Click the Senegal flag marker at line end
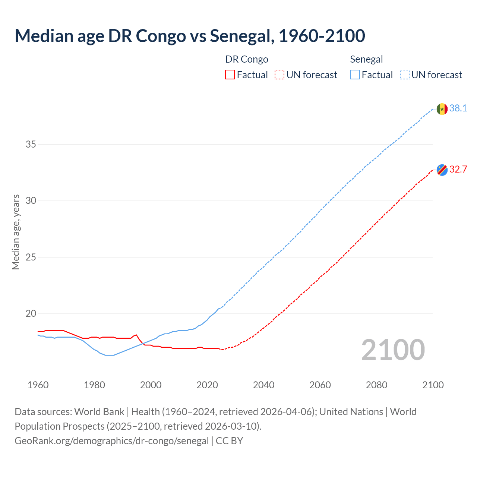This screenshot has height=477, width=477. [x=442, y=109]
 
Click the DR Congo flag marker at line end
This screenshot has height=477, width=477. [x=442, y=170]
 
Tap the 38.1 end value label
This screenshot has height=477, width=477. [x=458, y=108]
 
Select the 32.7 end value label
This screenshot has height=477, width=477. [x=458, y=170]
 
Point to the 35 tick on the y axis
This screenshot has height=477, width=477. [x=31, y=144]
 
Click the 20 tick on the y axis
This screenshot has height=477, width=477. [x=31, y=313]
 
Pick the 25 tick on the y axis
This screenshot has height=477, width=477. [x=31, y=257]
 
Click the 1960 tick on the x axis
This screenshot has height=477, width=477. [x=38, y=385]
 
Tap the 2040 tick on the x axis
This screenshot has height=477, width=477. [x=263, y=385]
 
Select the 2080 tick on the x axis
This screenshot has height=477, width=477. [x=376, y=385]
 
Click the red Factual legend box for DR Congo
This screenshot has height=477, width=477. [x=230, y=75]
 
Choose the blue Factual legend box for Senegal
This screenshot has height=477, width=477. [x=355, y=75]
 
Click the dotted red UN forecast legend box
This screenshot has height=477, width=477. [x=279, y=75]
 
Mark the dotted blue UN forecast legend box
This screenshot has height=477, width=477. [x=404, y=75]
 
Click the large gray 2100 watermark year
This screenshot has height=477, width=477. [x=393, y=350]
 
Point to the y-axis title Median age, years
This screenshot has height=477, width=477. [x=16, y=232]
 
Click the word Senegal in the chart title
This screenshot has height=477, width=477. [x=240, y=36]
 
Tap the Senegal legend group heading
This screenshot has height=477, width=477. [x=366, y=59]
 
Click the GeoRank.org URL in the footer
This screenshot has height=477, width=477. [x=111, y=441]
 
